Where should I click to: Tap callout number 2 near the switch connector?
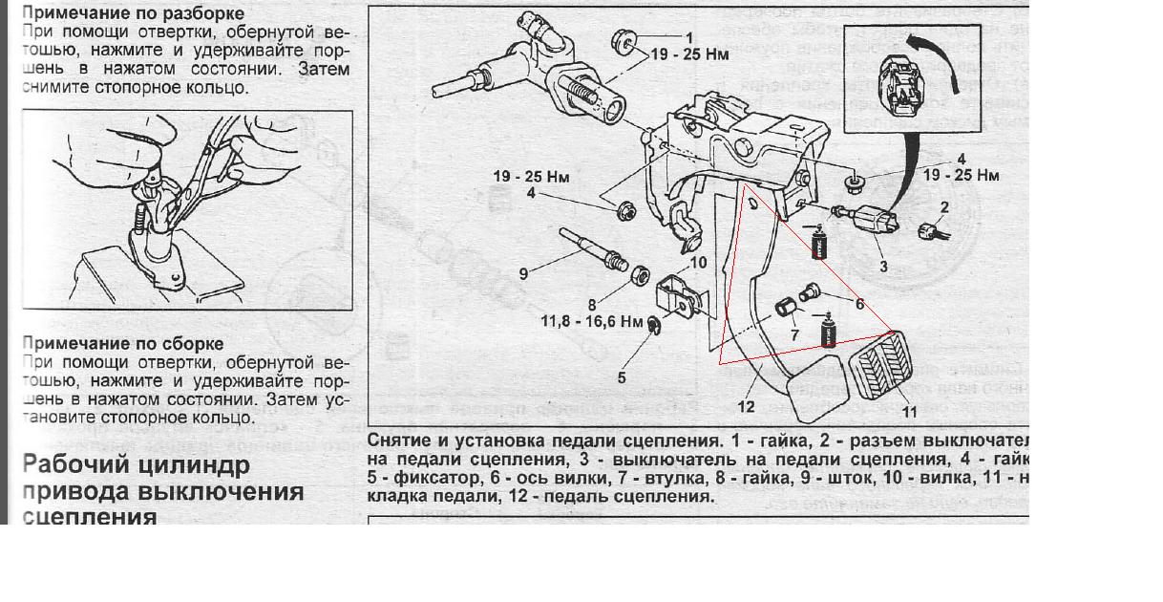[943, 206]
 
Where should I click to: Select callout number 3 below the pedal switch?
[883, 267]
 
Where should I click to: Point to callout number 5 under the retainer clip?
[622, 377]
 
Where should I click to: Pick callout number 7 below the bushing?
[794, 334]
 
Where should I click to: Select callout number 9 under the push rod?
[523, 273]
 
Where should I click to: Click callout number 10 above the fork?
[698, 262]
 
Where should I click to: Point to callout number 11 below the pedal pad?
[909, 412]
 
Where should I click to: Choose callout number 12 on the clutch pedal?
[746, 406]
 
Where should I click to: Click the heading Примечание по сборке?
[123, 343]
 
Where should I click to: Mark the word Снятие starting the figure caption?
[397, 441]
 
